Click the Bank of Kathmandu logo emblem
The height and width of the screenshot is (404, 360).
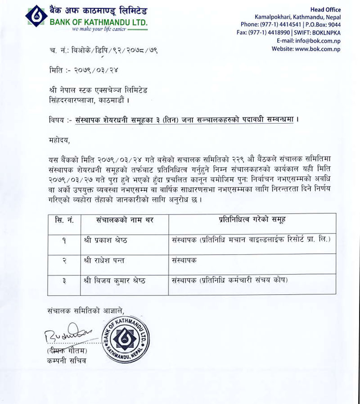[36, 16]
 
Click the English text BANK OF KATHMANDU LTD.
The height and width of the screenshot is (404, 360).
[99, 22]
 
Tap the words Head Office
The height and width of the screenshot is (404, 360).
[325, 9]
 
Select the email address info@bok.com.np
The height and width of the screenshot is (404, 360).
[319, 40]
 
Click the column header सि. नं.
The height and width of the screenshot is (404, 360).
[64, 220]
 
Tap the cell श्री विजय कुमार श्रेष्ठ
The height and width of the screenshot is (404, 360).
[114, 280]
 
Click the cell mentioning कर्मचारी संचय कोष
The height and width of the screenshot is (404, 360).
[229, 280]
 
